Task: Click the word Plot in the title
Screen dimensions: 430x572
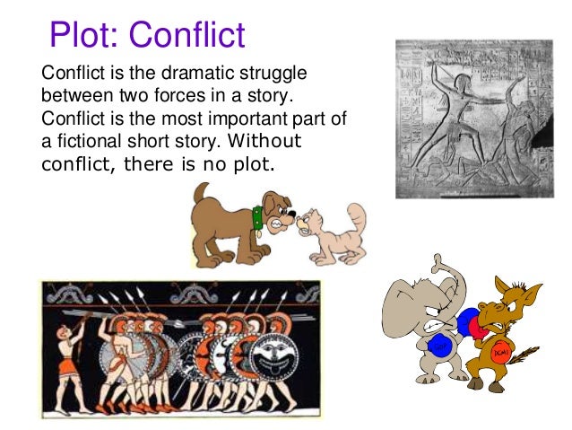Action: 82,35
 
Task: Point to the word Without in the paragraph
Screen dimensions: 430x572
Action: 265,142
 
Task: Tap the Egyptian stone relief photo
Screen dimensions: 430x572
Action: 474,118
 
